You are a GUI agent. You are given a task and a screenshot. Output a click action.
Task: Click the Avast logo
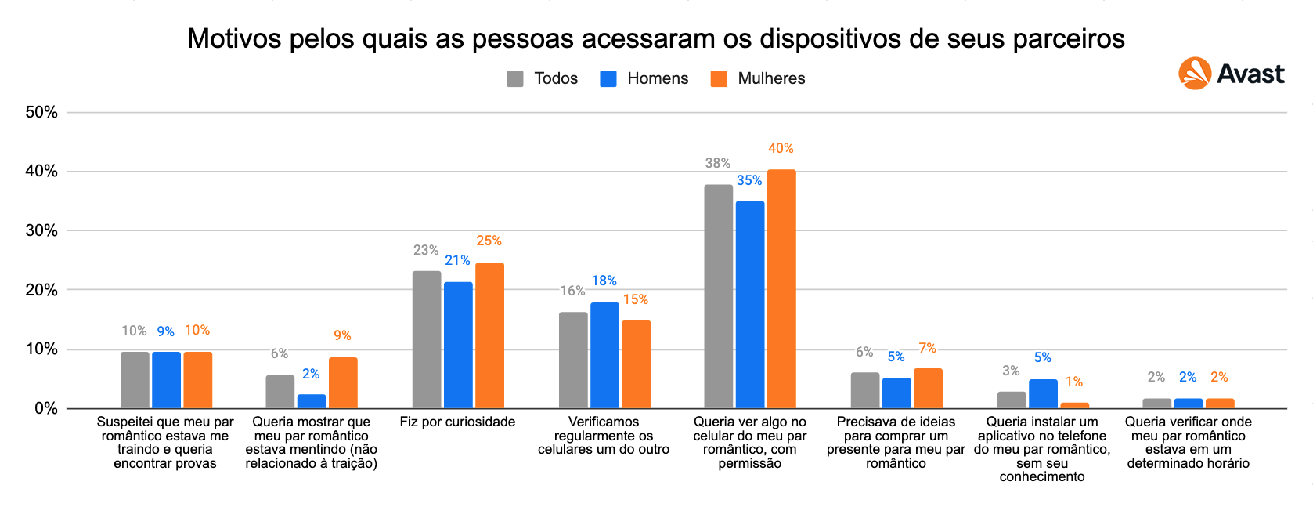(1231, 74)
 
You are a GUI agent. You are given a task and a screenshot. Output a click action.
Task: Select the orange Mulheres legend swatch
(718, 78)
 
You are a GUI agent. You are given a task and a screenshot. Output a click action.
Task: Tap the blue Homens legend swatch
(608, 78)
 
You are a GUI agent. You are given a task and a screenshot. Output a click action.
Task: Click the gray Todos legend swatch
(515, 78)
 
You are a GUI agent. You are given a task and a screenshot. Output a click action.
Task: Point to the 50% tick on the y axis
(41, 112)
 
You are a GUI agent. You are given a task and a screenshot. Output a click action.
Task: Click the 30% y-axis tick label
(41, 230)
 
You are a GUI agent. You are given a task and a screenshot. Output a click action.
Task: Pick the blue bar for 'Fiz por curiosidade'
(458, 345)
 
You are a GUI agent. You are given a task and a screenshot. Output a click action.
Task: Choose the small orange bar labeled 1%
(1074, 405)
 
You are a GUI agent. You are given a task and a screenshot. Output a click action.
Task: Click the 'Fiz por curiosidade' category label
(457, 422)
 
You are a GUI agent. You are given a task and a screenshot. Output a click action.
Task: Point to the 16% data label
(572, 291)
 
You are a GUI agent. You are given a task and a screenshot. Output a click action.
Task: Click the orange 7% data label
(927, 348)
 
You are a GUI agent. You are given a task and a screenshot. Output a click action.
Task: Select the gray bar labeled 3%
(1012, 400)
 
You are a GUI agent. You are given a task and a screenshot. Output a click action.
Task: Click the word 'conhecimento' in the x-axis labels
(1042, 476)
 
